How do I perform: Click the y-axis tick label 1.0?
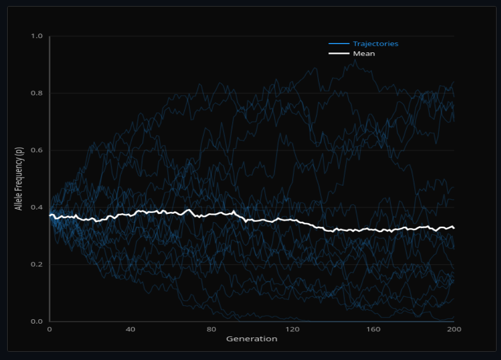37,36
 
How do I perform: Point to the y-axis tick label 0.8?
37,93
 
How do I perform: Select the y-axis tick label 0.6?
37,151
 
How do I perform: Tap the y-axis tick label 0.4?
37,207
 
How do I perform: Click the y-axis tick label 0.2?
37,265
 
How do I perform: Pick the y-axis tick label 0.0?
37,321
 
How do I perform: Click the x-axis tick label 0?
50,329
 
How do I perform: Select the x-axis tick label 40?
130,329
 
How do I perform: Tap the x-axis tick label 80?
211,329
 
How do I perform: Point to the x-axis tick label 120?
292,329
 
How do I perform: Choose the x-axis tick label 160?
373,329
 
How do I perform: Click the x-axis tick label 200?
454,329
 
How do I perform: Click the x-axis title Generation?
252,338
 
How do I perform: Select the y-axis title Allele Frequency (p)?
19,179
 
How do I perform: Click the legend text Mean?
364,53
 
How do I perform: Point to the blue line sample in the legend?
339,44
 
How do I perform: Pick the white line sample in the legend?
339,53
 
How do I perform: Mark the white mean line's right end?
454,228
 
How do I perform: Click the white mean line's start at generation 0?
50,216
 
